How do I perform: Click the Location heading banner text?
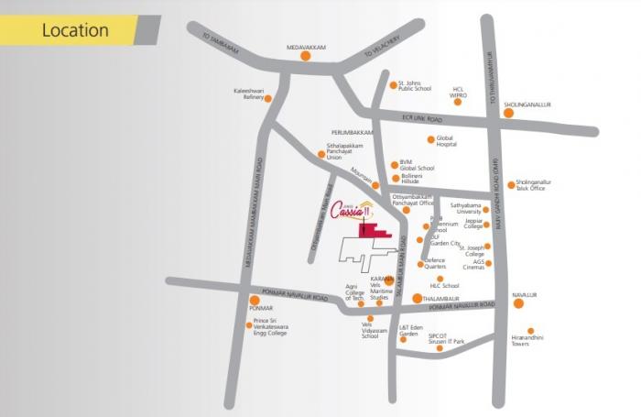[75, 30]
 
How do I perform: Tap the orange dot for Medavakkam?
[305, 55]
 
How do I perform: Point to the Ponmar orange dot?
[254, 300]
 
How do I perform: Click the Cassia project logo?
[353, 208]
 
